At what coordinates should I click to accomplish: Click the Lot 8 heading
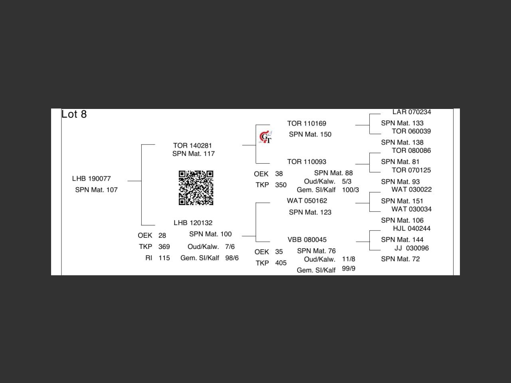click(74, 115)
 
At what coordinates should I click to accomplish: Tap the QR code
click(196, 188)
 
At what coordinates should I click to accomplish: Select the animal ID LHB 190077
click(91, 178)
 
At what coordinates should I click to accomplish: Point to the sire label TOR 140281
click(192, 146)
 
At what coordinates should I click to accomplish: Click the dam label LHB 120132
click(193, 223)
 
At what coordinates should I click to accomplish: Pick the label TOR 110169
click(307, 124)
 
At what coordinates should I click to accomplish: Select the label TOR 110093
click(307, 162)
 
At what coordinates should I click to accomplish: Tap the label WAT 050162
click(307, 201)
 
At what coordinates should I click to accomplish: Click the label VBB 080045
click(307, 240)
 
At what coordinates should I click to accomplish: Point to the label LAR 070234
click(412, 112)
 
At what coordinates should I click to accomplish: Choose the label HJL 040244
click(412, 229)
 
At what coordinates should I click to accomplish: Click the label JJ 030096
click(412, 248)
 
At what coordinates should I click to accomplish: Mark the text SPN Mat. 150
click(310, 134)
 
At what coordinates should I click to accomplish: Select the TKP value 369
click(164, 247)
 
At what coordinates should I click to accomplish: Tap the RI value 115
click(164, 258)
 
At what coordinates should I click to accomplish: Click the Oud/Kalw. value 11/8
click(349, 259)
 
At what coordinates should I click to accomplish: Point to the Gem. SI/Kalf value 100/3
click(350, 190)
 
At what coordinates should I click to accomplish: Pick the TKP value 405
click(281, 263)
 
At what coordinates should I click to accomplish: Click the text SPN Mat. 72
click(400, 259)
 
